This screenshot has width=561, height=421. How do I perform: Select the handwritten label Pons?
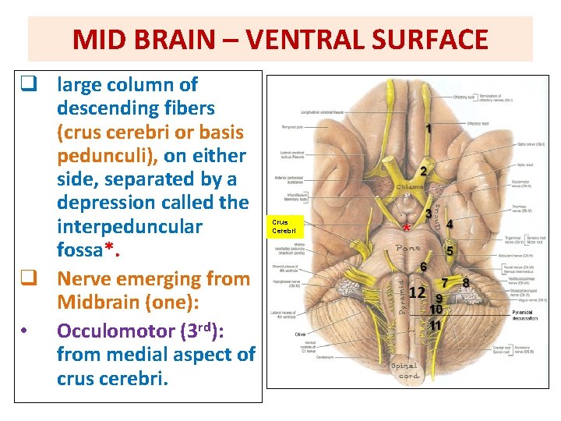point(408,249)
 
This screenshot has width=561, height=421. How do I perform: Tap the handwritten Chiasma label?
point(411,188)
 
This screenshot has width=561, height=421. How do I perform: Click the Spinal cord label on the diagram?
point(404,371)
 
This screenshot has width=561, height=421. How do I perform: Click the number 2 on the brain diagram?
point(423,172)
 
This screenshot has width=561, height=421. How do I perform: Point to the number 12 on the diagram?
point(417,292)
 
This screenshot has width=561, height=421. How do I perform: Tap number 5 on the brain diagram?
point(450,251)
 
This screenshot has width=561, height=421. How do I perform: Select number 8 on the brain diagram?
point(465,282)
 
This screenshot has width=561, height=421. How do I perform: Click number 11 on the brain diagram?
point(436,324)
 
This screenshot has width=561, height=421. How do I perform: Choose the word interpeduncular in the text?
point(129,227)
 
